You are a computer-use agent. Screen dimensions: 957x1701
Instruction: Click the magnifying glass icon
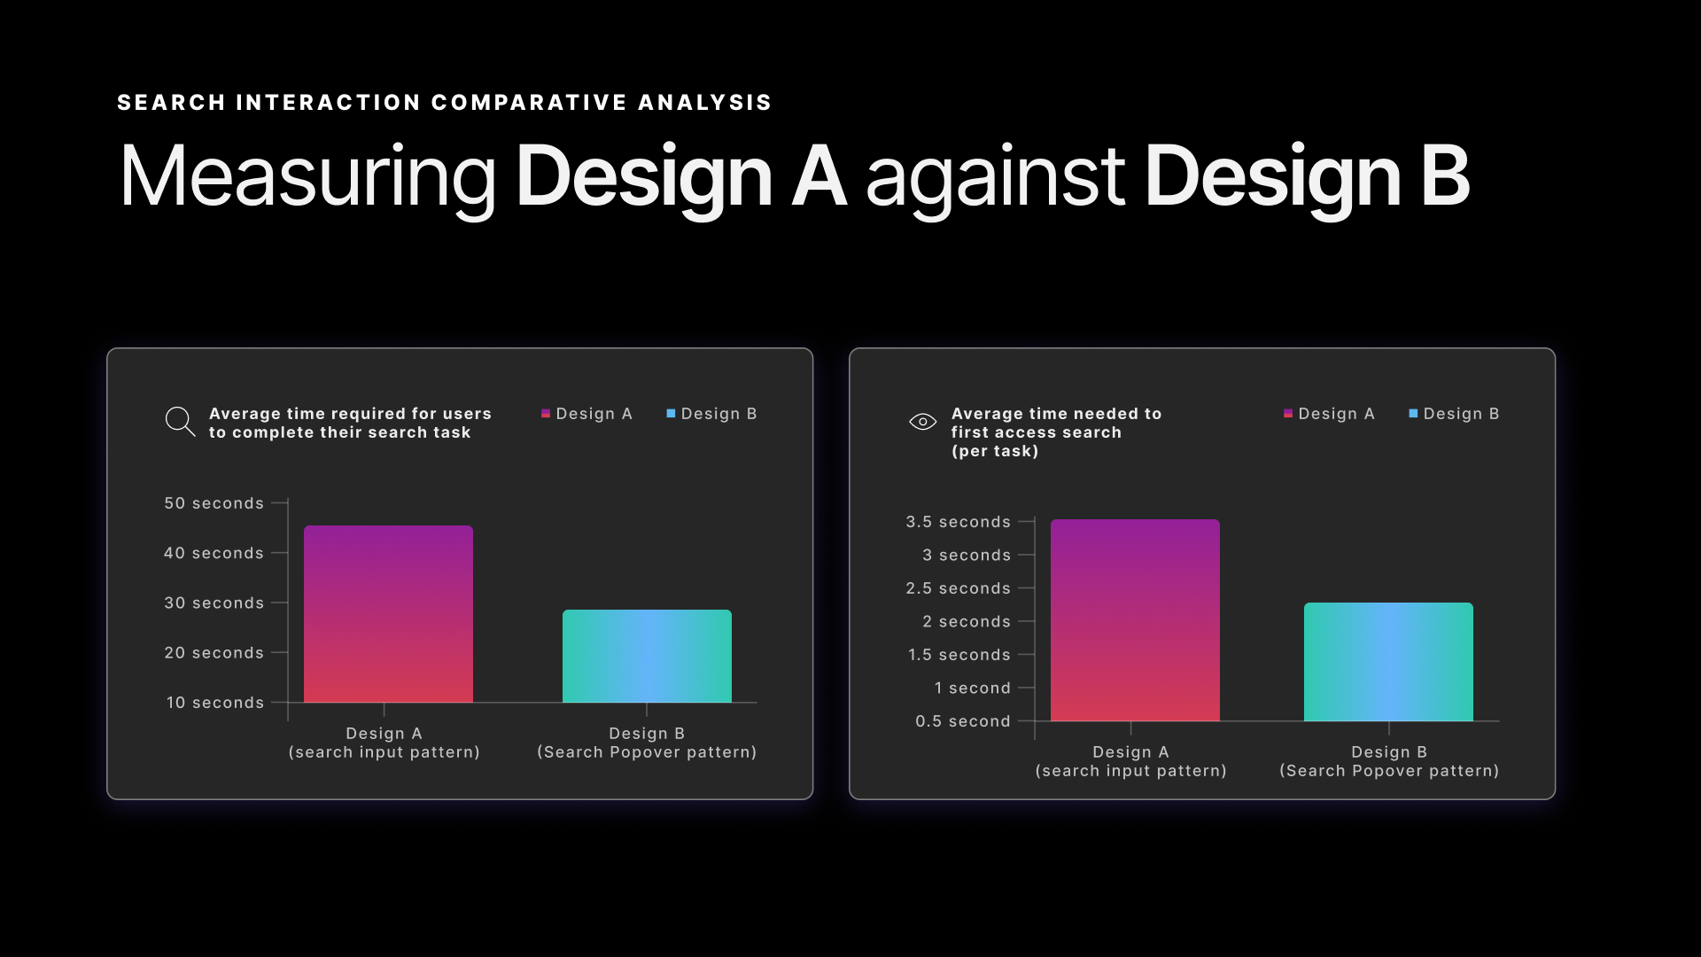click(x=180, y=421)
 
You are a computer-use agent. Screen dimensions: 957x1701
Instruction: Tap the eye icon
click(x=922, y=422)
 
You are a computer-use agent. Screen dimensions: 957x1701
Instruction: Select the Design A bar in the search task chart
click(x=388, y=614)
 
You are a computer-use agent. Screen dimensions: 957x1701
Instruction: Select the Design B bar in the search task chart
click(x=647, y=656)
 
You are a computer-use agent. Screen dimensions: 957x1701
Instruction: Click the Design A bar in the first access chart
click(x=1135, y=620)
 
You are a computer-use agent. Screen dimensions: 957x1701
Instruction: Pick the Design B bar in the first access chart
click(x=1388, y=662)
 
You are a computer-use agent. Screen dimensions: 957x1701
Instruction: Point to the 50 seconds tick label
click(x=214, y=503)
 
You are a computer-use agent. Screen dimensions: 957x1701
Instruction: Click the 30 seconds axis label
click(x=214, y=603)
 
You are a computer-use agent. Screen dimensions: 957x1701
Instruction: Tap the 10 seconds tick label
click(x=215, y=703)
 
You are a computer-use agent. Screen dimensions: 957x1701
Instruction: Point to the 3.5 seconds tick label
click(x=958, y=522)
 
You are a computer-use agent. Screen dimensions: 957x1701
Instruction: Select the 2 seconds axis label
click(x=966, y=622)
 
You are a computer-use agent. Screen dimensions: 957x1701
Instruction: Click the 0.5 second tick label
click(x=962, y=721)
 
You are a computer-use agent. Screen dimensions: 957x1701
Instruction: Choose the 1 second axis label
click(x=972, y=689)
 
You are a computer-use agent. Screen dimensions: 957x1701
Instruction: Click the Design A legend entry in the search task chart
click(x=586, y=414)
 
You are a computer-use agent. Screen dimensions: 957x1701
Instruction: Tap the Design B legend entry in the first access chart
click(x=1454, y=414)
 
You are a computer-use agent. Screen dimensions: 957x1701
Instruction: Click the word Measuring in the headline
click(x=307, y=177)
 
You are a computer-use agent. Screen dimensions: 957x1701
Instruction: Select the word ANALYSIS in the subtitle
click(x=704, y=103)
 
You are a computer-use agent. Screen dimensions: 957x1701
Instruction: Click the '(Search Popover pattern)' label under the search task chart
click(x=647, y=752)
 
